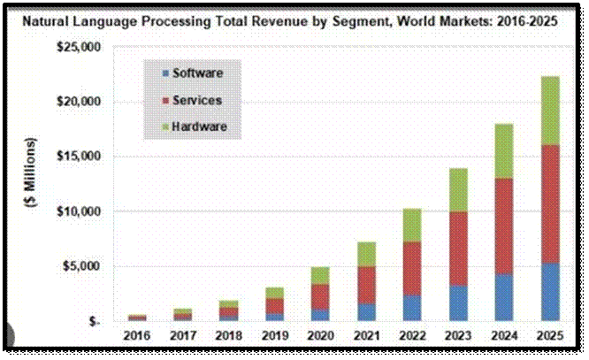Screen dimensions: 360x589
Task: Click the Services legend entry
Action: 196,100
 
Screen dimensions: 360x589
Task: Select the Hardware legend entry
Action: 199,127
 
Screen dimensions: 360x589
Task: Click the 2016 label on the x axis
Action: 137,336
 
